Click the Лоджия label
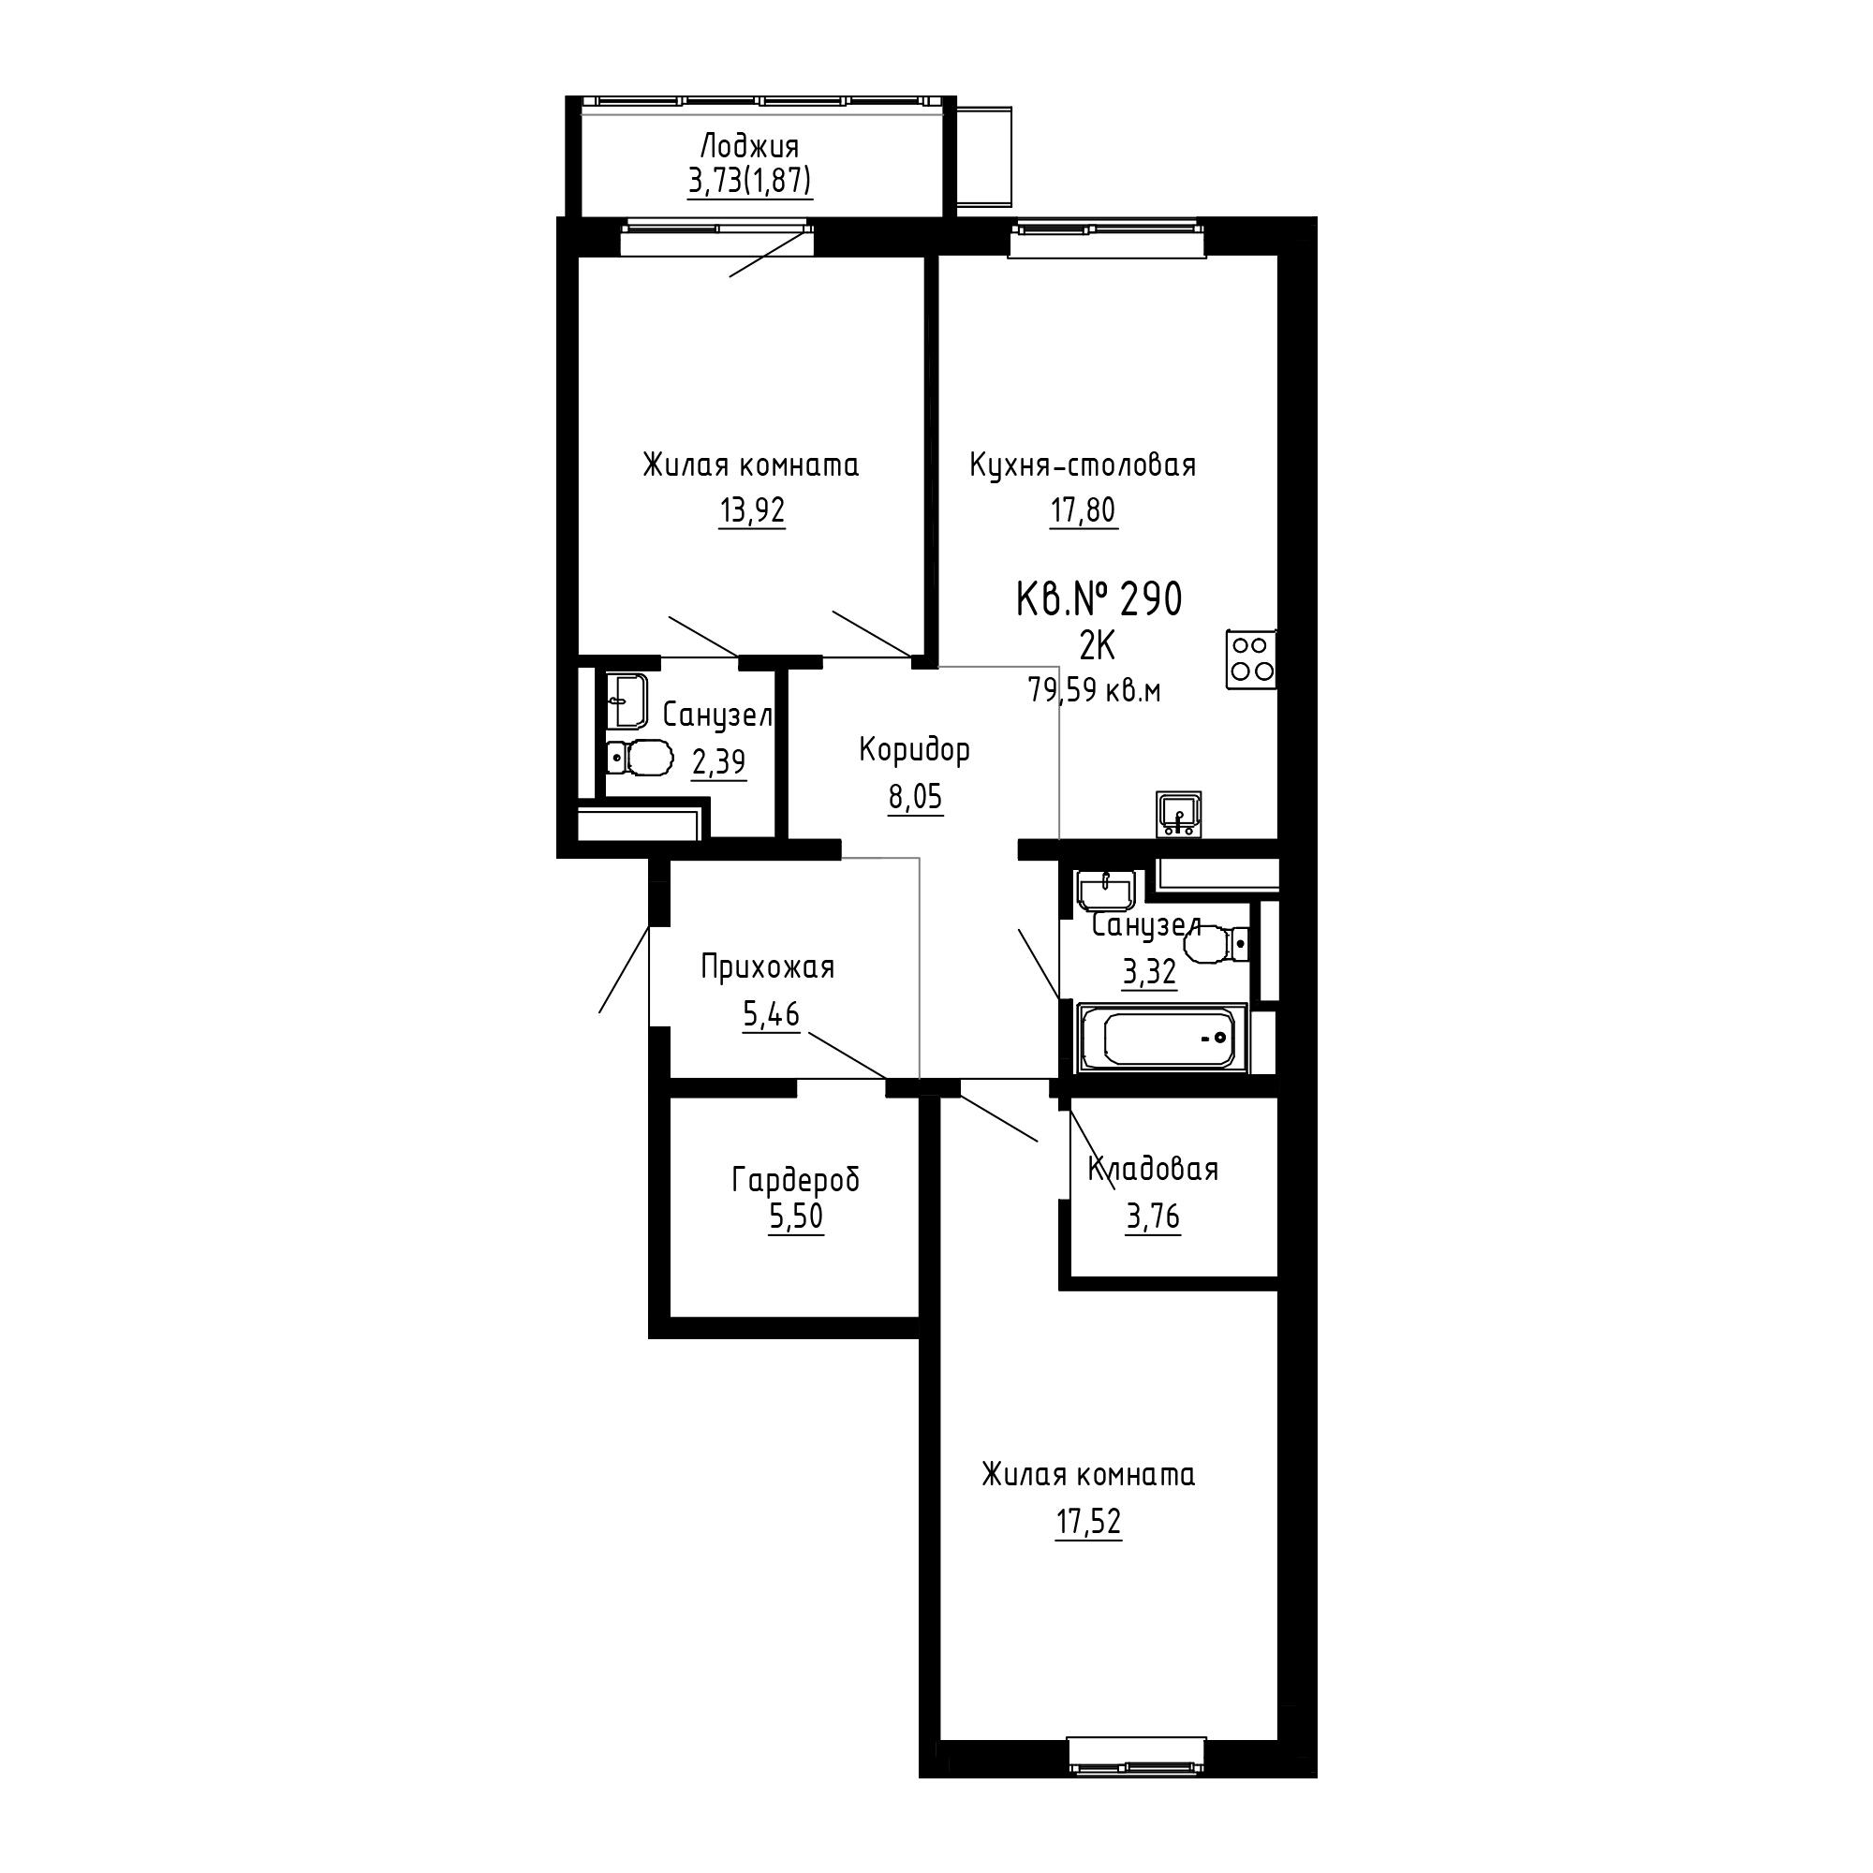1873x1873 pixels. tap(749, 147)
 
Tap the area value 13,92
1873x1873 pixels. tap(751, 510)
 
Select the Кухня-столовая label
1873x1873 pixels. tap(1083, 465)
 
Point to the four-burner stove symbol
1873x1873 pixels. tap(1250, 659)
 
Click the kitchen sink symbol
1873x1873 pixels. tap(1179, 814)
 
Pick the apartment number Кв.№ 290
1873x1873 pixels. tap(1099, 600)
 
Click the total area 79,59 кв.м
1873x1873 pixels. tap(1095, 691)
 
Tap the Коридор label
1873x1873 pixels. tap(914, 749)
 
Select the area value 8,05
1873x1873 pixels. tap(915, 797)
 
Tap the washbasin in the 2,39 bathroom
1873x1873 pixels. tap(627, 701)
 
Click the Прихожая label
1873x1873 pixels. tap(768, 967)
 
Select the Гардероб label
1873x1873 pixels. tap(796, 1180)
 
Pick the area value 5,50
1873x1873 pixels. tap(796, 1216)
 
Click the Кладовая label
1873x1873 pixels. tap(1153, 1169)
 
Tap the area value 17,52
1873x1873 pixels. tap(1089, 1522)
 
